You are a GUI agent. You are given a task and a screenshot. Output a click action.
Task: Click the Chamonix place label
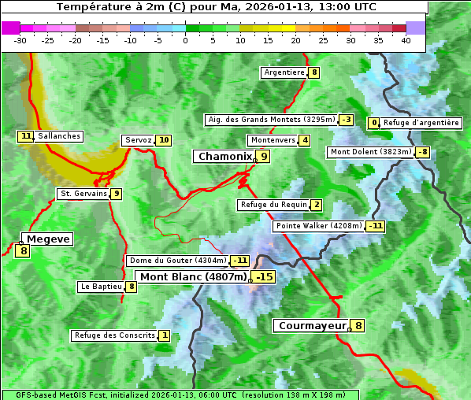tap(224, 157)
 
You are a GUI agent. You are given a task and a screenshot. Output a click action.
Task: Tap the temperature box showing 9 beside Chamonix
tap(265, 157)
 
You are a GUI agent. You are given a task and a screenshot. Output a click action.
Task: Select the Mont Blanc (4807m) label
tap(193, 277)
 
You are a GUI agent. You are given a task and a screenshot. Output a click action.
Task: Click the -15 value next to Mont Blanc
tap(264, 277)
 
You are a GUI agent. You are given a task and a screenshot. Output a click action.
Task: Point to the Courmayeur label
tap(312, 325)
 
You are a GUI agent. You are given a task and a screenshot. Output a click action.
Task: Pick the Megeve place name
tap(47, 239)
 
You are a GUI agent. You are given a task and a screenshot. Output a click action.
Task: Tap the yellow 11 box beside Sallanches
tap(26, 136)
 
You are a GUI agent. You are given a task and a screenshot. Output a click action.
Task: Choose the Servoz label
tap(138, 140)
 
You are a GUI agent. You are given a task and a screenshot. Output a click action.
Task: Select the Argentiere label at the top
tap(284, 72)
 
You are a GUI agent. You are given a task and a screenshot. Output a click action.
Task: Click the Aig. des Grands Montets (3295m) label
tap(270, 120)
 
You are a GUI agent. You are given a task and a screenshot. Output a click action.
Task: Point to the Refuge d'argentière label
tap(421, 123)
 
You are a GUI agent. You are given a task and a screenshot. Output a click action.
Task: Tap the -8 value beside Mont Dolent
tap(423, 152)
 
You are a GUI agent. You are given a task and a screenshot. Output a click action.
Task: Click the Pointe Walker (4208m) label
tap(318, 226)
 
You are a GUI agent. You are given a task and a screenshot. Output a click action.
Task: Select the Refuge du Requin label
tap(273, 205)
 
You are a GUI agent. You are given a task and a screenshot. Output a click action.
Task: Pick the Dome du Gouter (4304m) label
tap(177, 261)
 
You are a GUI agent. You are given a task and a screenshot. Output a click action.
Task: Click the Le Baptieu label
tap(100, 287)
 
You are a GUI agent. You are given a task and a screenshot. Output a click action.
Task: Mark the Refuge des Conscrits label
tap(114, 335)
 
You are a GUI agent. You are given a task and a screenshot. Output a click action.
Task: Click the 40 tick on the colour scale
tap(406, 40)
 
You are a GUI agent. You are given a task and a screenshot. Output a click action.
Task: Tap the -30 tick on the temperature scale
tap(20, 40)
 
